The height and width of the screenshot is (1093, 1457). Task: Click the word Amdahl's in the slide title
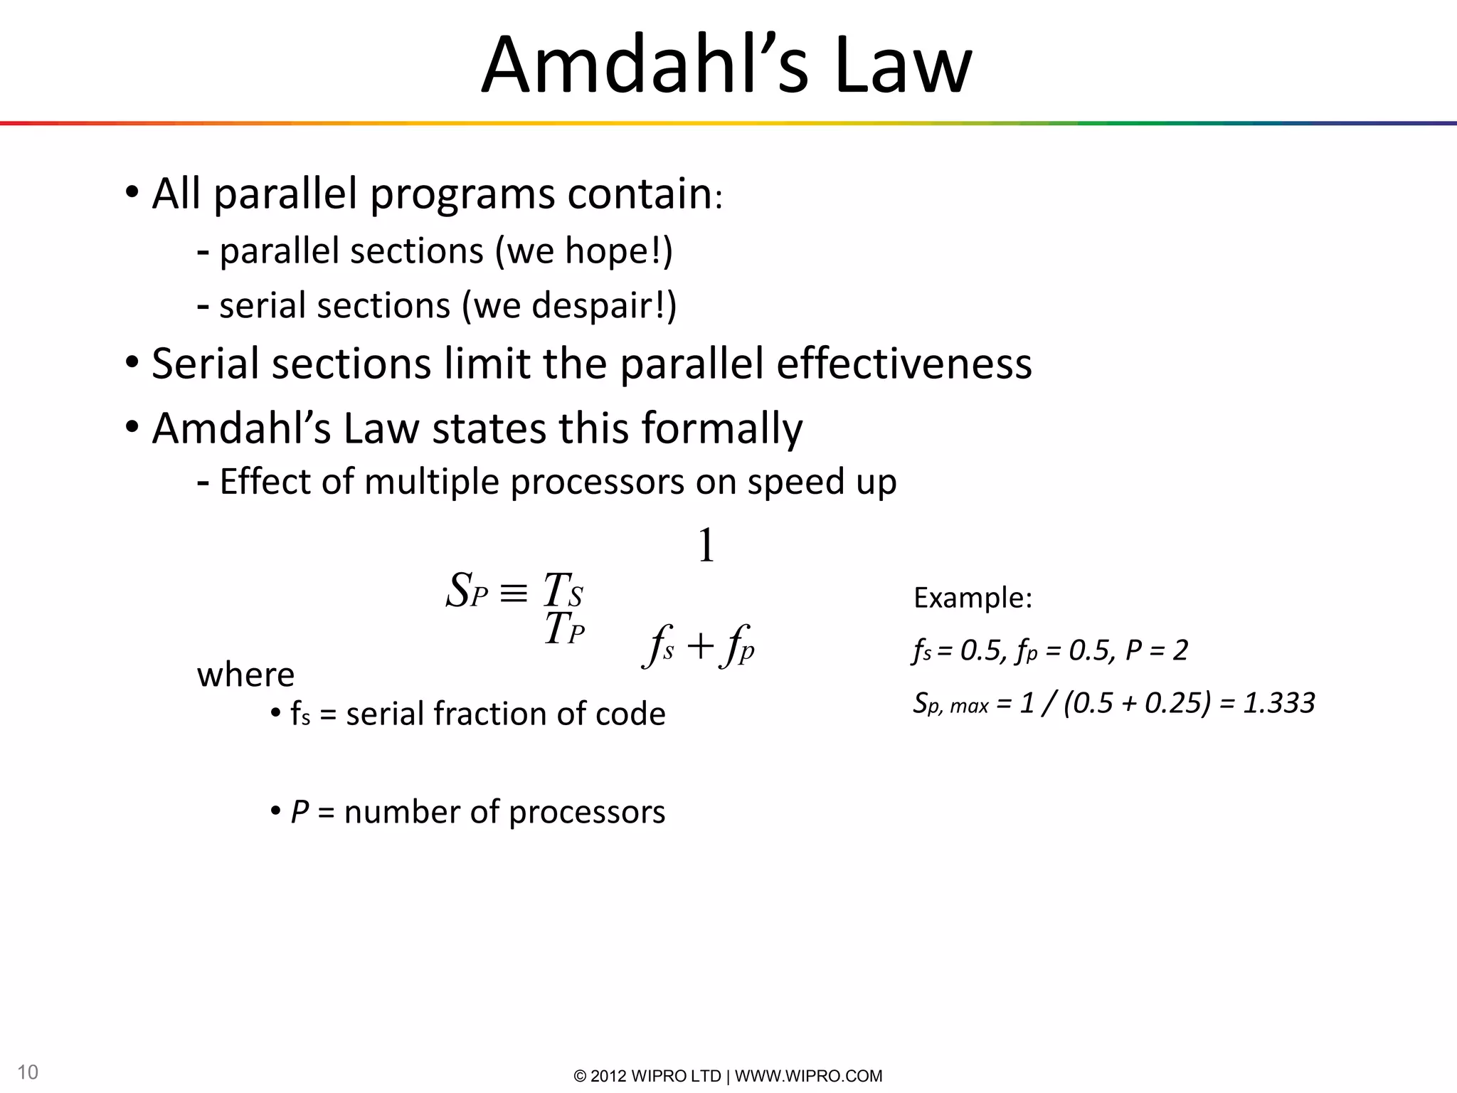(645, 65)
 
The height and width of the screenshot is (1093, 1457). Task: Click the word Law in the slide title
(903, 65)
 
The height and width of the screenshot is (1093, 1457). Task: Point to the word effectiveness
(904, 364)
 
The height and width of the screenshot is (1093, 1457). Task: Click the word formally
(721, 429)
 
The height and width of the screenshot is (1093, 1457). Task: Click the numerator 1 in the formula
(706, 546)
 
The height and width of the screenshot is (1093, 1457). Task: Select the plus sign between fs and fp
(700, 647)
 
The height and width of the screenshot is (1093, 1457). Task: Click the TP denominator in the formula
(564, 630)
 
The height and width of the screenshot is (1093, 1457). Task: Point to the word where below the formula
(245, 675)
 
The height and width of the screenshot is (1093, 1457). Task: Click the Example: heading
(973, 598)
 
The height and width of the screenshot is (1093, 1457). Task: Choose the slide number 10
(28, 1072)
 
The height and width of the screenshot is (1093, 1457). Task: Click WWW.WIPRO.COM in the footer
(808, 1076)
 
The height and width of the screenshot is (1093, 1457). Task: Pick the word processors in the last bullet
(587, 813)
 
